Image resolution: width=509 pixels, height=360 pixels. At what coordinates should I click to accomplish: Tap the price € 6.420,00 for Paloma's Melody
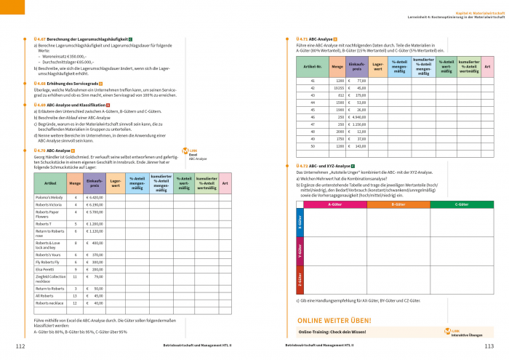95,197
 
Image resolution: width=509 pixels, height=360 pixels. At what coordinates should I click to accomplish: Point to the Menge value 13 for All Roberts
75,297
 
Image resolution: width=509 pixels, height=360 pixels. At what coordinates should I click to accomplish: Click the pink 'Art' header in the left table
225,182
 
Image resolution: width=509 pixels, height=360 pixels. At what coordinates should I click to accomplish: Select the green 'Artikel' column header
50,182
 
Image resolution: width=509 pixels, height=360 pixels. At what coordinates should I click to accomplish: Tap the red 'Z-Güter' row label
299,279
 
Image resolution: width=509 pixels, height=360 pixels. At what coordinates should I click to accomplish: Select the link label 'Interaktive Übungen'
466,335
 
